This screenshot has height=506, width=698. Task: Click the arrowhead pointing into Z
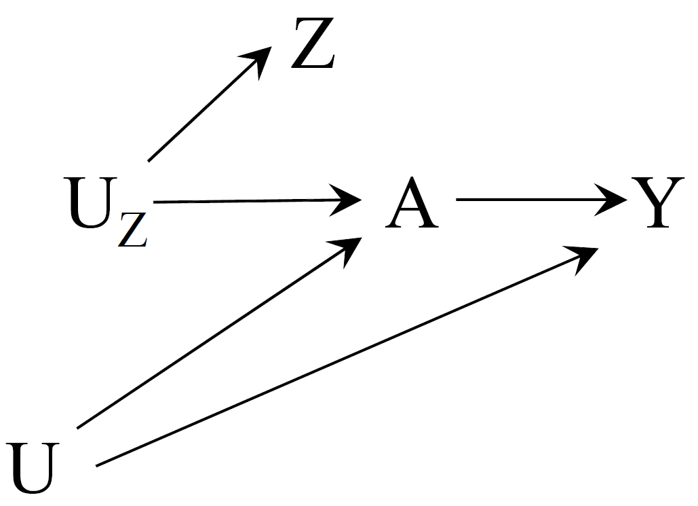[260, 58]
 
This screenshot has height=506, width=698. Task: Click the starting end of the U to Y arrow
[99, 465]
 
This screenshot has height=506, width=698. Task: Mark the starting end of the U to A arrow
[79, 427]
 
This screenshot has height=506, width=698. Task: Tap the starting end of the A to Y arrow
[458, 200]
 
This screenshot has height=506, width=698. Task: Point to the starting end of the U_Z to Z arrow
[149, 160]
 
